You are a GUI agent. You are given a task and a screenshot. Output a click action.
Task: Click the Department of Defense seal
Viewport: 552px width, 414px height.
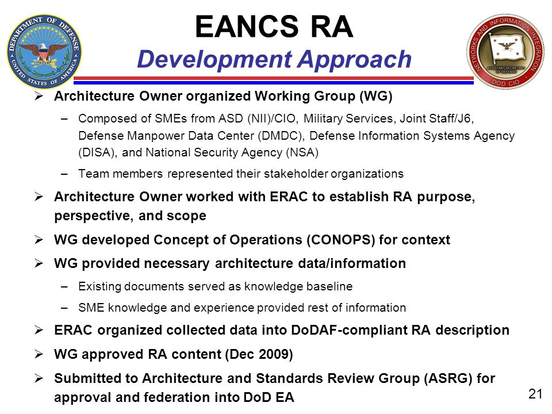[x=44, y=52]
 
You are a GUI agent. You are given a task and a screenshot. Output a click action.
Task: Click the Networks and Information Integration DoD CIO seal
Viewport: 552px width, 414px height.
[x=505, y=51]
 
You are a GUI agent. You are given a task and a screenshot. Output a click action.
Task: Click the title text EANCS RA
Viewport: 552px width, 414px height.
[x=274, y=26]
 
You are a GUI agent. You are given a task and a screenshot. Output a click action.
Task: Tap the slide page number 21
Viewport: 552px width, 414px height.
[x=535, y=394]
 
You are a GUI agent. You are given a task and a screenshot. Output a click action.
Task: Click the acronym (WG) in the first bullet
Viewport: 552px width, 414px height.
[x=375, y=96]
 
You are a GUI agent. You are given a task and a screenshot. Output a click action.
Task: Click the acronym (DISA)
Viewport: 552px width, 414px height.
[x=98, y=152]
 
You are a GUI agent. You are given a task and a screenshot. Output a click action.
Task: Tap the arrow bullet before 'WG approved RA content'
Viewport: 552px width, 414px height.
[x=39, y=354]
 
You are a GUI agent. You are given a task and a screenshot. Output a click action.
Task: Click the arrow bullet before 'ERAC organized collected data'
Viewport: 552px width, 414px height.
[x=39, y=330]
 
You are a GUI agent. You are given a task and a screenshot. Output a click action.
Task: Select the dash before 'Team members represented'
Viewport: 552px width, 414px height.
[x=64, y=174]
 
